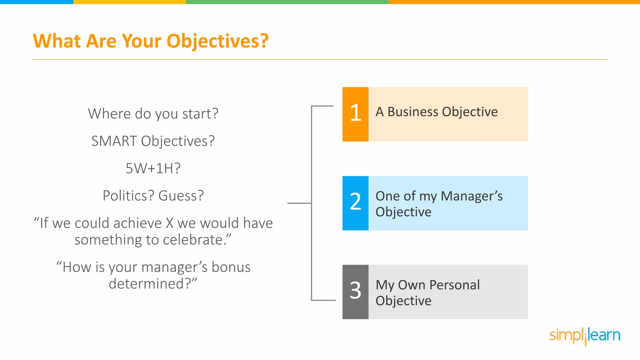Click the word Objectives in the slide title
217,41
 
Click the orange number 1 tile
355,114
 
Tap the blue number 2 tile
355,203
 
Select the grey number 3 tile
355,292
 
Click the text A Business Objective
436,112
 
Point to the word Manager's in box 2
472,196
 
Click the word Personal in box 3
454,285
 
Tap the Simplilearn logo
585,336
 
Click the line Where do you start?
153,114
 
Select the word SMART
114,141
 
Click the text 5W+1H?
153,168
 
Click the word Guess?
181,196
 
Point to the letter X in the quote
169,223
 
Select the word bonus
231,267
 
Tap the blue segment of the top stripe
37,2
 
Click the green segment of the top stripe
287,2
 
